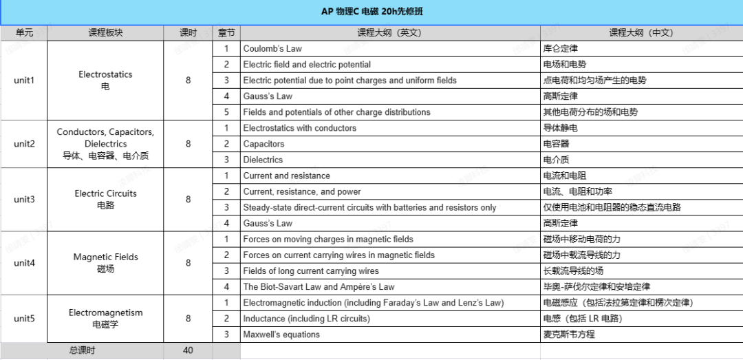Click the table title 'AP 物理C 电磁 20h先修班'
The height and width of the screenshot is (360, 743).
point(371,12)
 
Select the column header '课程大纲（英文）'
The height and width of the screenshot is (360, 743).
point(389,33)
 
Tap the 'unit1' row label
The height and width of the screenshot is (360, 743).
point(24,80)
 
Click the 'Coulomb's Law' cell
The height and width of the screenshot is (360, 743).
point(272,49)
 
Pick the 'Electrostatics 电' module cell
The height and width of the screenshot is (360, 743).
point(105,80)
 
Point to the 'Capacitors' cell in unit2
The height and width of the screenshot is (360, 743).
point(263,144)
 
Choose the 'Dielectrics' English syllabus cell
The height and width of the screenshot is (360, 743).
point(263,160)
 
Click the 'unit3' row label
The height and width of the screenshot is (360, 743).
point(24,200)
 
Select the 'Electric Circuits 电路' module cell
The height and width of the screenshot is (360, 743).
point(105,200)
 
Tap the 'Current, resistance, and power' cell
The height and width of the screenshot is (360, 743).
point(302,191)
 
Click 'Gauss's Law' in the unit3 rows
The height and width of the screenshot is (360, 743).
point(268,223)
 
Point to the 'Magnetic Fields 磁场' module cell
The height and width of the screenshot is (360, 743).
point(105,263)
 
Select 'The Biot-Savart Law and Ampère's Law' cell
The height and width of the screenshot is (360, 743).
point(319,286)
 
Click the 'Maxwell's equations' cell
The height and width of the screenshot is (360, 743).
point(281,335)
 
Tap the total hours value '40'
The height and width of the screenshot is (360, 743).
point(188,350)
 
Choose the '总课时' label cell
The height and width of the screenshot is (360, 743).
point(83,350)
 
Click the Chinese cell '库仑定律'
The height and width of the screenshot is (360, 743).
point(560,49)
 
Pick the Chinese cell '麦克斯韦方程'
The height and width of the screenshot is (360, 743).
point(569,335)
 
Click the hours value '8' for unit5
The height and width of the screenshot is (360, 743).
point(188,319)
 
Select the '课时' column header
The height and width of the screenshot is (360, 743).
point(188,33)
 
